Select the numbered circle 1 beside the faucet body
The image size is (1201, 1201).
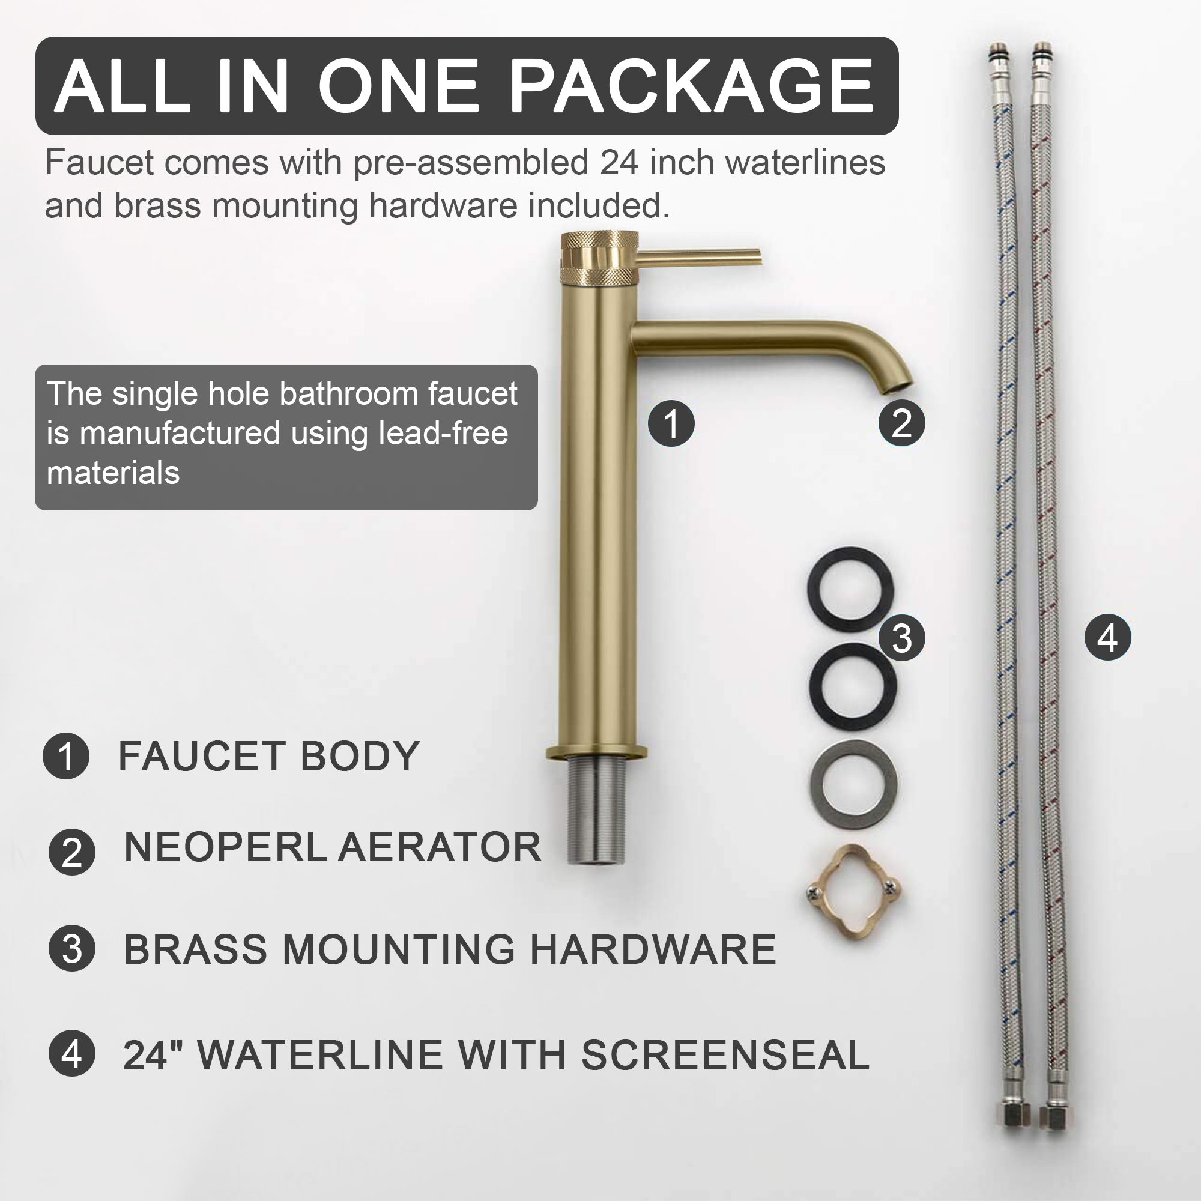(671, 423)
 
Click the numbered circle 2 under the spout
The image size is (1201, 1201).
(901, 423)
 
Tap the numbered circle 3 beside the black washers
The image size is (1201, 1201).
(901, 638)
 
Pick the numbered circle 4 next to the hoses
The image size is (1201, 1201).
(1107, 638)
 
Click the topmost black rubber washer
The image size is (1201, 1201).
(850, 589)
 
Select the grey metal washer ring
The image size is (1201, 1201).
(853, 783)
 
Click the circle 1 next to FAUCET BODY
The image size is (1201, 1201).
(66, 756)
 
